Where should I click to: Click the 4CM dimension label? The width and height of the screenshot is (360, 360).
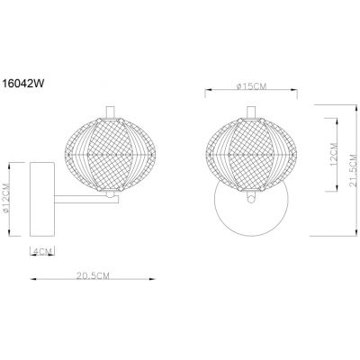(40, 249)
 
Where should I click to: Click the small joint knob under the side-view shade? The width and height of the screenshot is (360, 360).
(106, 192)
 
